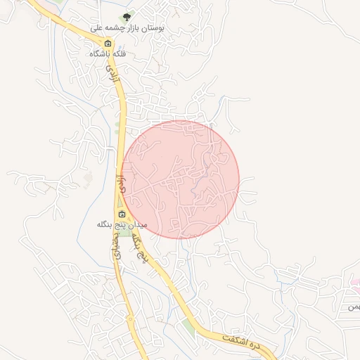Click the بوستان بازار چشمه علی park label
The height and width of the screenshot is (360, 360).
tap(127, 28)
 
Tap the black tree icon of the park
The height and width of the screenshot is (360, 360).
tap(127, 16)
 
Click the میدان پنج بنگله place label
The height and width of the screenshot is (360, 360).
tap(121, 224)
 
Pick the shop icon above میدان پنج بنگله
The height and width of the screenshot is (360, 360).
tap(122, 214)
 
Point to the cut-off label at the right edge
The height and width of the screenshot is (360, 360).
tap(354, 307)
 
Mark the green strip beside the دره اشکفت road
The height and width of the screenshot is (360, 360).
tap(188, 326)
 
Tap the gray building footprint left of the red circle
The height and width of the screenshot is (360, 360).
tap(87, 179)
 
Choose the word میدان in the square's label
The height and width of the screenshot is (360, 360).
tap(137, 224)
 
